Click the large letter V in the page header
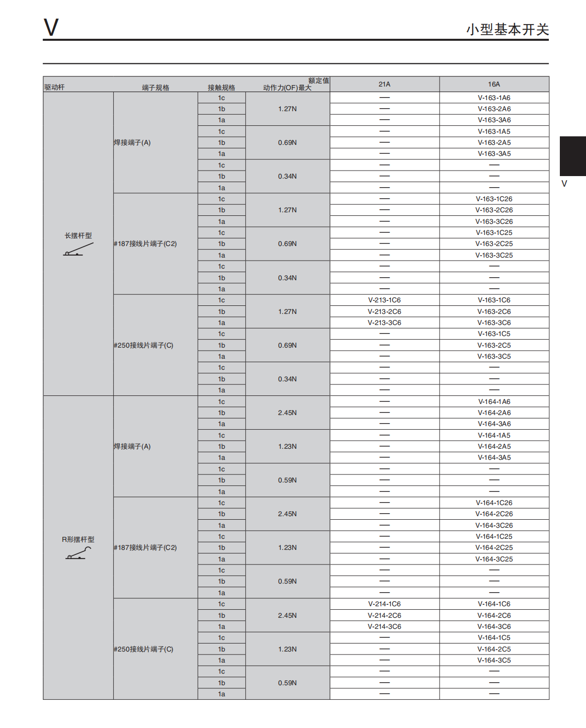51,27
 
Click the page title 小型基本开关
507,30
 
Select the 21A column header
384,84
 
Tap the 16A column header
494,84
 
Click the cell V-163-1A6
494,98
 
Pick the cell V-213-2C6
384,311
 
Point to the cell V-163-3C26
494,221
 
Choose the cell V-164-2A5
494,446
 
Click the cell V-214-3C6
384,626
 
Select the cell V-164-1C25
494,536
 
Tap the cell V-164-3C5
494,660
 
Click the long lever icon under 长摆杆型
78,250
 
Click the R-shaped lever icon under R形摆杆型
78,553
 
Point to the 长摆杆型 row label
78,235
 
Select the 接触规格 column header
221,88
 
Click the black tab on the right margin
572,156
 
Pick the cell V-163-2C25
494,244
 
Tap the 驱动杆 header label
54,87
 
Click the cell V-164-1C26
494,503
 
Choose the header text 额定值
318,80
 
